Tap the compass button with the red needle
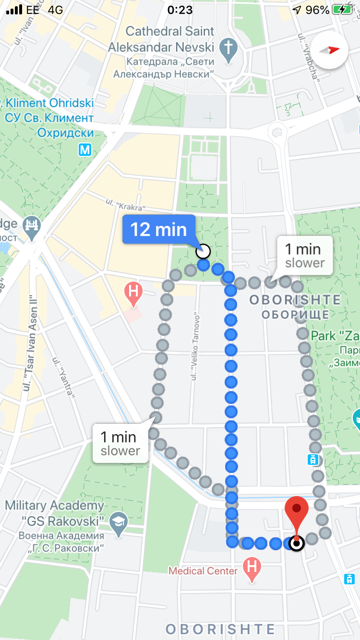pyautogui.click(x=329, y=50)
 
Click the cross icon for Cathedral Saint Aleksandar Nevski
pyautogui.click(x=228, y=48)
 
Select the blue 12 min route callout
pyautogui.click(x=159, y=229)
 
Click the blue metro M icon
pyautogui.click(x=85, y=150)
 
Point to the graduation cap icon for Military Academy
pyautogui.click(x=118, y=522)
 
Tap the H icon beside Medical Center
pyautogui.click(x=252, y=568)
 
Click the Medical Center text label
pyautogui.click(x=203, y=571)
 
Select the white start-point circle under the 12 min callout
pyautogui.click(x=204, y=251)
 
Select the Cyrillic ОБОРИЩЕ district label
pyautogui.click(x=295, y=315)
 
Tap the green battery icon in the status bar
pyautogui.click(x=343, y=10)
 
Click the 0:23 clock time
pyautogui.click(x=180, y=10)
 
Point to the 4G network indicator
pyautogui.click(x=55, y=10)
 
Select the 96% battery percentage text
pyautogui.click(x=317, y=10)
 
